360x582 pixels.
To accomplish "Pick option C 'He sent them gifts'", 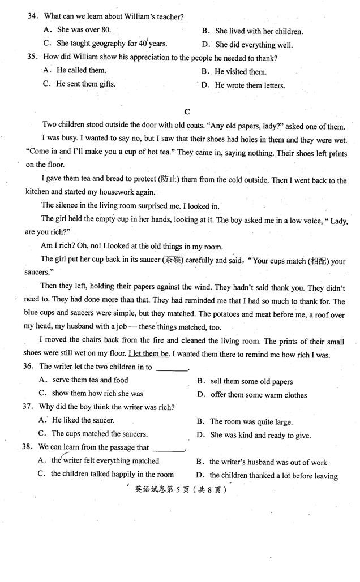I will point(79,84).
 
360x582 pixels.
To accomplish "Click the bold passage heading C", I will point(186,111).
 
